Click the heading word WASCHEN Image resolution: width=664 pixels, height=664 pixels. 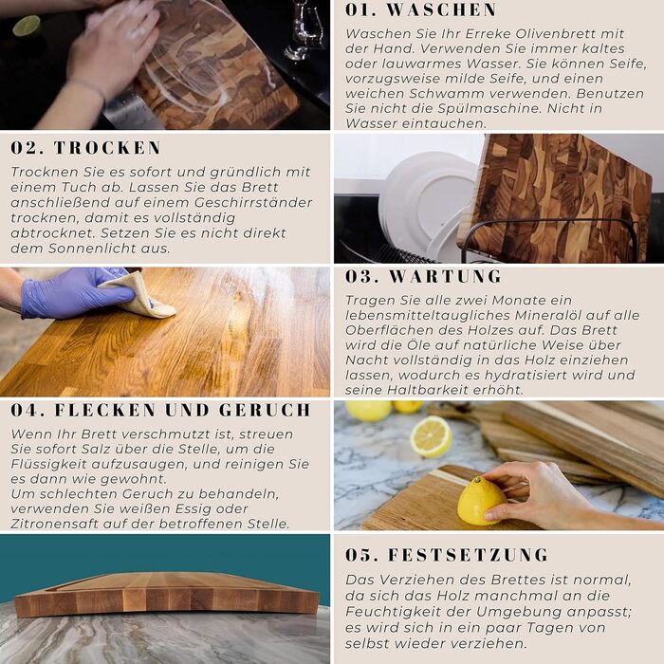click(x=441, y=10)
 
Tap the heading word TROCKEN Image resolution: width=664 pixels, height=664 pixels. click(x=107, y=148)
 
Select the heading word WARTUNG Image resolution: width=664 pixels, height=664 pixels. click(x=445, y=277)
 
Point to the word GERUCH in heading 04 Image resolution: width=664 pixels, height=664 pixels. click(x=265, y=410)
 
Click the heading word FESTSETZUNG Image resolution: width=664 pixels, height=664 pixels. click(x=468, y=555)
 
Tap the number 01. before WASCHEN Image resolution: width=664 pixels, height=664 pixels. click(x=360, y=10)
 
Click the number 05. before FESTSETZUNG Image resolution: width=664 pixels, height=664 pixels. click(x=361, y=555)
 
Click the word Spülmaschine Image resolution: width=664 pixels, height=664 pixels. click(x=489, y=109)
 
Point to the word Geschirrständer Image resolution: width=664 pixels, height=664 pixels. click(x=253, y=202)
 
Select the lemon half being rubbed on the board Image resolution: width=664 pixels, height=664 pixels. click(x=481, y=501)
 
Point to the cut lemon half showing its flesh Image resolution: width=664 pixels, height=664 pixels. click(x=431, y=436)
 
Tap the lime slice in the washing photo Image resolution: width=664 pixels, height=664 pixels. click(x=27, y=26)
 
